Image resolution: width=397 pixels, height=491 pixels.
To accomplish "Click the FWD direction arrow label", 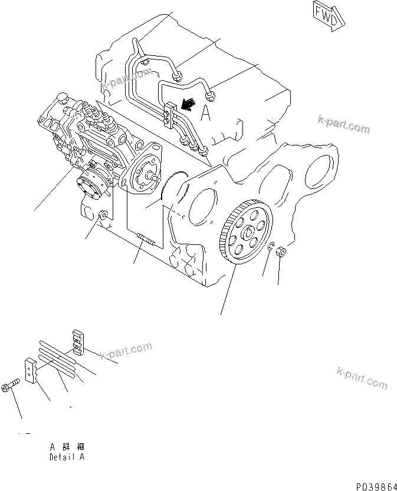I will pos(325,16).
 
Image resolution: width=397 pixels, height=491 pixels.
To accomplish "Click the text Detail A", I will pos(67,457).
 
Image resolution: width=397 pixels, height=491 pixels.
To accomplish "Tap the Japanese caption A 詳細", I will pos(67,447).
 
